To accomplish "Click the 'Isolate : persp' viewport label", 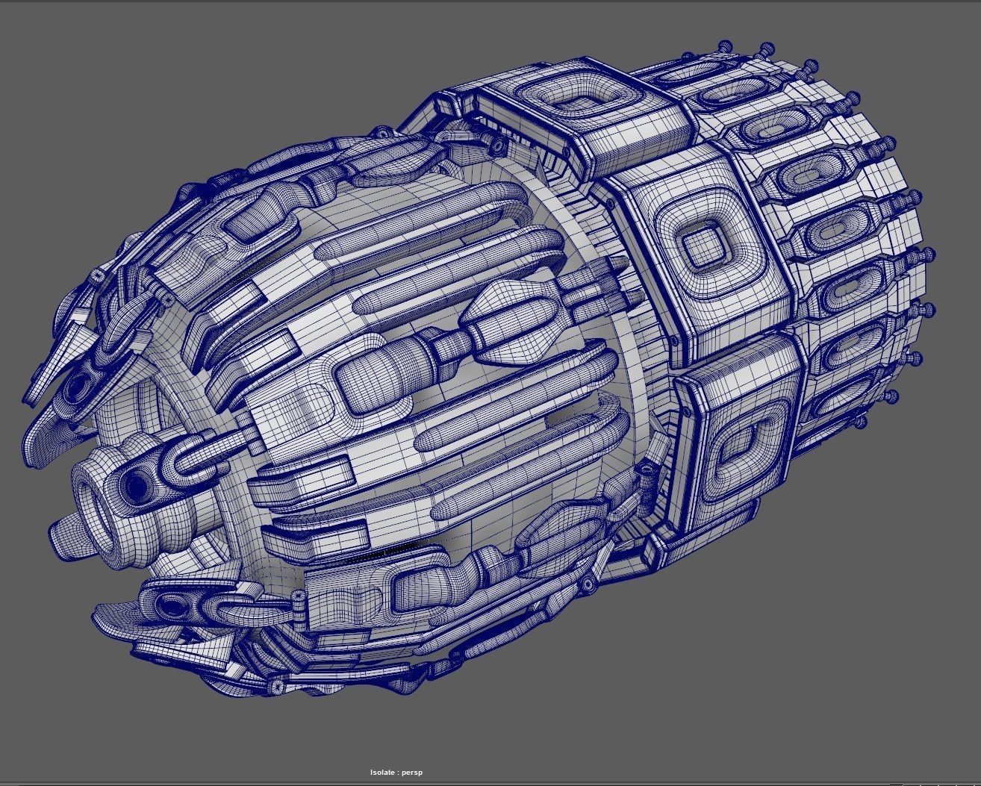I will tap(396, 773).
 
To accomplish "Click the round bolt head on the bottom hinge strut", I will tap(277, 684).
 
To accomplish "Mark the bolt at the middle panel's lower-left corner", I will tap(676, 341).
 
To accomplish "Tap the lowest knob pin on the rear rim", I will tap(890, 396).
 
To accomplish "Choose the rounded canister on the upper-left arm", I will tap(252, 217).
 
